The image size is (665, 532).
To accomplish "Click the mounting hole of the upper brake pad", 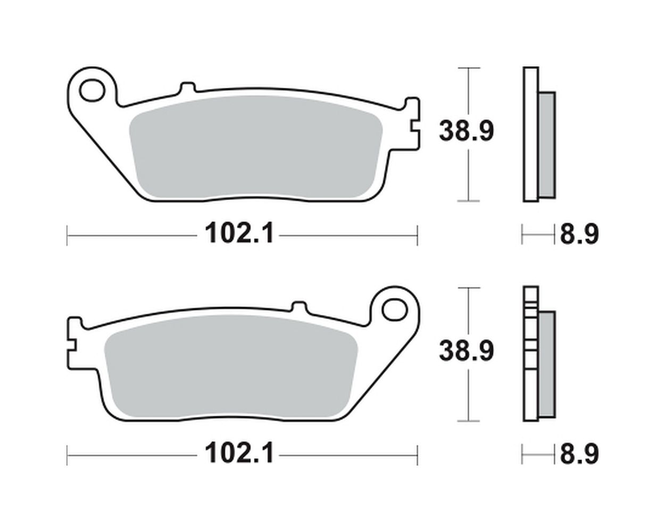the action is [92, 90].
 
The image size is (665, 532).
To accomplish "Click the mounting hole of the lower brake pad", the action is [394, 310].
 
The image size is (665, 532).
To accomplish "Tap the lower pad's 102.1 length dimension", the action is [240, 453].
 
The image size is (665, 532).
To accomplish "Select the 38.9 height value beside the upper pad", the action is [467, 131].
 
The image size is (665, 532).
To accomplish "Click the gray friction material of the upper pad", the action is [256, 147].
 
